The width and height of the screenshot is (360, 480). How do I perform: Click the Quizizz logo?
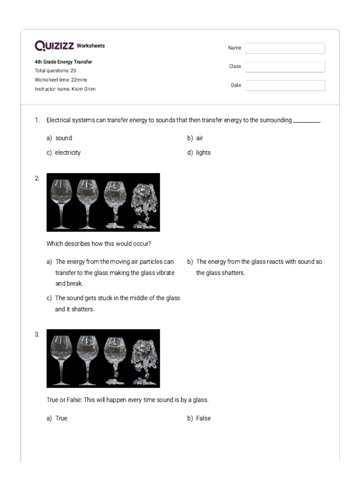pyautogui.click(x=54, y=45)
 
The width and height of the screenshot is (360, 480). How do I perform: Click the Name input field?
pyautogui.click(x=285, y=48)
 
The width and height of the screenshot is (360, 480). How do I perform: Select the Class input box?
pyautogui.click(x=285, y=67)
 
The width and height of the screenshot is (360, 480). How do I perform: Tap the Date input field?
pyautogui.click(x=285, y=85)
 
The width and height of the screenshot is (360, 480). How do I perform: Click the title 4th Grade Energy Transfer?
pyautogui.click(x=63, y=62)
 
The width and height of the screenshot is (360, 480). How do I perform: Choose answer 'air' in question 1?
pyautogui.click(x=199, y=138)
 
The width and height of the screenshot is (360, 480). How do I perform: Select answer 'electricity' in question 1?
pyautogui.click(x=67, y=153)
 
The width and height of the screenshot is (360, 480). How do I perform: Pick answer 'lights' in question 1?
pyautogui.click(x=203, y=153)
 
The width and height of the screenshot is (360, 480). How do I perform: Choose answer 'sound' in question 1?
pyautogui.click(x=63, y=138)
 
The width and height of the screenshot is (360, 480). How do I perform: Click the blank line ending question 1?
pyautogui.click(x=306, y=121)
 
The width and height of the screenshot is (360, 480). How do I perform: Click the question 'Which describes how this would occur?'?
pyautogui.click(x=98, y=244)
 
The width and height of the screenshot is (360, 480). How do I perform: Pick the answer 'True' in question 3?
pyautogui.click(x=61, y=418)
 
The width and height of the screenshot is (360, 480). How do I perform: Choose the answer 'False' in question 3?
pyautogui.click(x=203, y=418)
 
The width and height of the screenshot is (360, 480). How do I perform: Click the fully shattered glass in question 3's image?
pyautogui.click(x=144, y=359)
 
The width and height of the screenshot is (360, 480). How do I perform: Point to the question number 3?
pyautogui.click(x=37, y=335)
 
